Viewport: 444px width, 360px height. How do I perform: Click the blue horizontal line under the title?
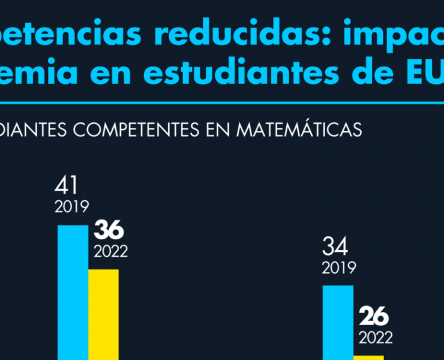click(x=222, y=103)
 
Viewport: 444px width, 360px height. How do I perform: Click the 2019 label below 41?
click(x=72, y=208)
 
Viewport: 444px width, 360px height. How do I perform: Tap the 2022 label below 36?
click(x=110, y=251)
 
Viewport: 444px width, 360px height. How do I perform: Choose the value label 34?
click(x=335, y=246)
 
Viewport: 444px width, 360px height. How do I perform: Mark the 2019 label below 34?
click(x=339, y=268)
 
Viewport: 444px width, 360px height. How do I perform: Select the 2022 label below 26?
click(x=376, y=337)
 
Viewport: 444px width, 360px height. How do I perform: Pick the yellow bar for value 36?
click(x=103, y=314)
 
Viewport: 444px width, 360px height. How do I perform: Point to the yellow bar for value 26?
click(x=368, y=357)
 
